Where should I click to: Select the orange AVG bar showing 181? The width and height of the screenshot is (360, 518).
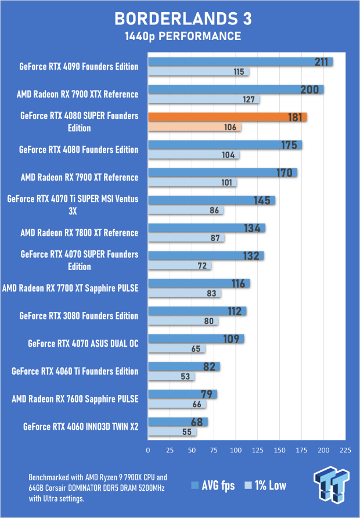[227, 117]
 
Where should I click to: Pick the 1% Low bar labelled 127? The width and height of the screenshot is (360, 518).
[204, 99]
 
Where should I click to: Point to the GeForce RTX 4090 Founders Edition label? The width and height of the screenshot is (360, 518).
[79, 66]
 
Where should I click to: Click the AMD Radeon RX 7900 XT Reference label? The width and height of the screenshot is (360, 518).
[80, 177]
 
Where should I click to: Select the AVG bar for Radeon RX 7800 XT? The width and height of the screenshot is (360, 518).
[206, 228]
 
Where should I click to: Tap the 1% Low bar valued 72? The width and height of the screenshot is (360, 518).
[180, 265]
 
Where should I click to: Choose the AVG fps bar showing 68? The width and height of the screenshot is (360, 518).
[178, 422]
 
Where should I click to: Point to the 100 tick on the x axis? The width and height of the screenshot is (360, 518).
[236, 450]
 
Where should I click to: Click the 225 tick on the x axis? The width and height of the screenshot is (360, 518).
[345, 450]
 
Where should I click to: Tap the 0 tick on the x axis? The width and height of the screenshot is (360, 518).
[149, 450]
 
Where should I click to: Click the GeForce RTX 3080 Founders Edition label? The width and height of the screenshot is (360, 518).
[79, 316]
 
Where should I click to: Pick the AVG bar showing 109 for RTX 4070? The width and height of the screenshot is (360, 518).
[196, 339]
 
